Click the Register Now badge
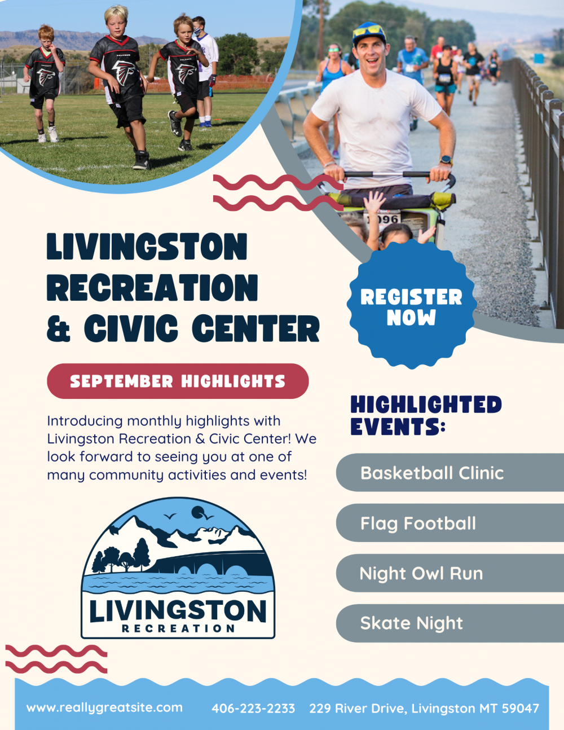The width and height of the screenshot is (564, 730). [412, 304]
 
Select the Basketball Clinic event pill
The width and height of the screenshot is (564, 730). [450, 472]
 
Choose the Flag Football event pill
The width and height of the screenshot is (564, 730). [450, 523]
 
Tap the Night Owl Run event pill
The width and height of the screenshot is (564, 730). [450, 573]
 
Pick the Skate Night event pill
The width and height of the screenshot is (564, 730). [450, 623]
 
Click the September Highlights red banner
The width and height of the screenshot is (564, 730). [178, 381]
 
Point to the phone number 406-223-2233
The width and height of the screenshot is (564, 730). [253, 708]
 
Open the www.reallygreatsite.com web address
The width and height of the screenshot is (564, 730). [104, 708]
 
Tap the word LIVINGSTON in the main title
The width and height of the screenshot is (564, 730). [147, 247]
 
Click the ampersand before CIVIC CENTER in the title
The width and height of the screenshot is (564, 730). [59, 328]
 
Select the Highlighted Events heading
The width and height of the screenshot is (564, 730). [426, 415]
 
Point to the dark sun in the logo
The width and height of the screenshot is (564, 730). [198, 513]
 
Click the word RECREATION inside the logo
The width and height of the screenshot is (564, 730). [178, 628]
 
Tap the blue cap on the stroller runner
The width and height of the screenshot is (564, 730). [369, 32]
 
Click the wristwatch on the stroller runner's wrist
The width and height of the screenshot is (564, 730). [446, 160]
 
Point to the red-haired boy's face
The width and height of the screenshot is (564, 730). [45, 42]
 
